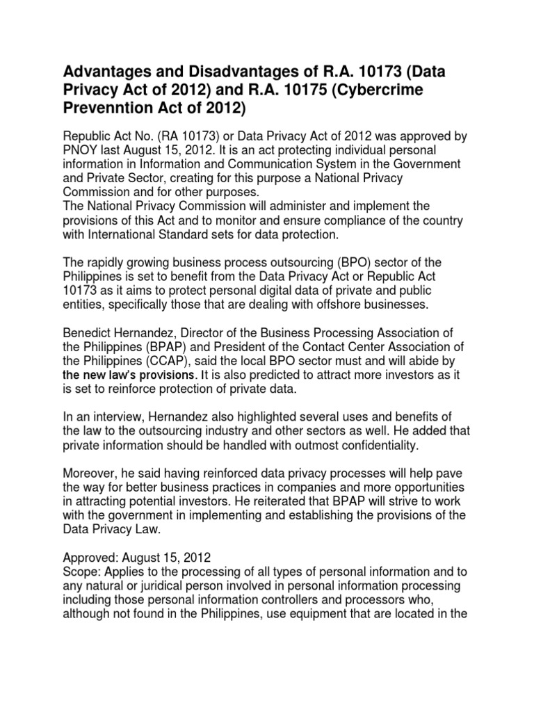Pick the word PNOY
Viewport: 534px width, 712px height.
[83, 150]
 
